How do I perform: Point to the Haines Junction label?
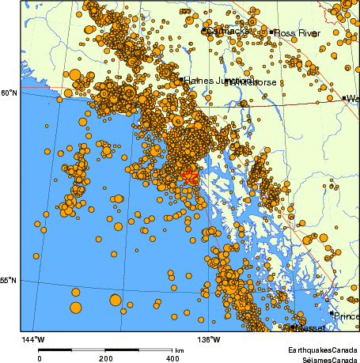point(207,81)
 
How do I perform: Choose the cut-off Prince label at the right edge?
point(346,316)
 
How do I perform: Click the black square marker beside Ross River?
point(271,32)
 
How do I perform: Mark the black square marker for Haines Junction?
point(181,80)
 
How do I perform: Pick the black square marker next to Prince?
point(331,313)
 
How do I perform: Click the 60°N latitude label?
point(8,93)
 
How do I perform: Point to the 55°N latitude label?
point(8,280)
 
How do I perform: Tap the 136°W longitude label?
point(209,339)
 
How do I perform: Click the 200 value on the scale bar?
point(106,358)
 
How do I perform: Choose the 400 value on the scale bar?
point(172,358)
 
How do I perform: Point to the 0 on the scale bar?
point(40,358)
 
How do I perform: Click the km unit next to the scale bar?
point(180,350)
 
